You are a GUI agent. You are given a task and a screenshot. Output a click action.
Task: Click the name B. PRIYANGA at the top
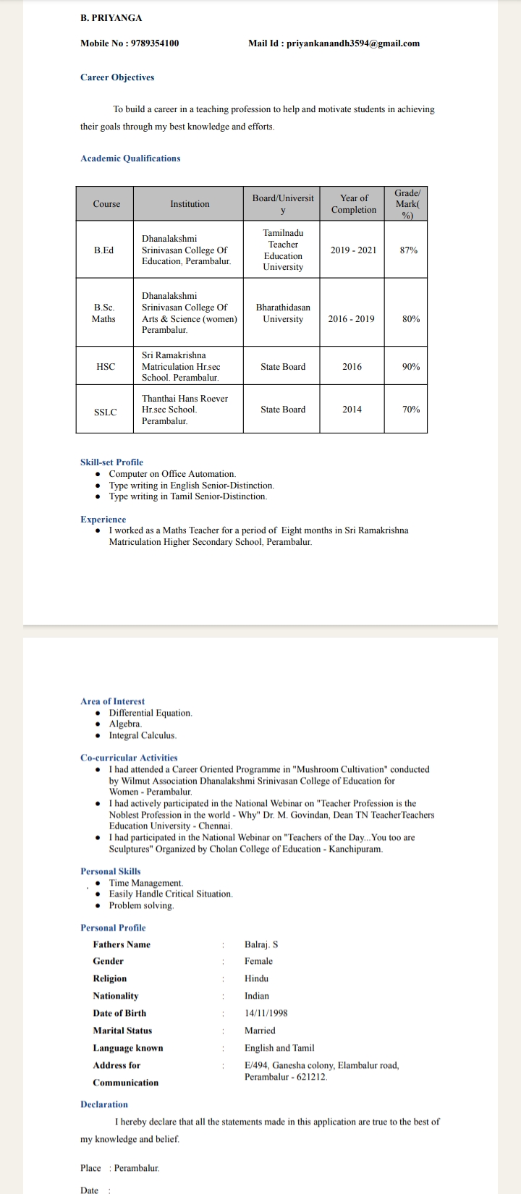[x=111, y=17]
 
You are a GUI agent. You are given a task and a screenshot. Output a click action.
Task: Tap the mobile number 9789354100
[x=153, y=43]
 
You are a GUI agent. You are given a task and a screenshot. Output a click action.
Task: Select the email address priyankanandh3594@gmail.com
[x=353, y=43]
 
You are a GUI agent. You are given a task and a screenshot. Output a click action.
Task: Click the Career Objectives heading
[x=117, y=77]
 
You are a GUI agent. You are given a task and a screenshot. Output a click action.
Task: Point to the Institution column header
[x=190, y=204]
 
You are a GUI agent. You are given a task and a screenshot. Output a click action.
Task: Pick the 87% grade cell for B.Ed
[x=409, y=250]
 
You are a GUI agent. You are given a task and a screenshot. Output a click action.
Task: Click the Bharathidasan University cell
[x=283, y=313]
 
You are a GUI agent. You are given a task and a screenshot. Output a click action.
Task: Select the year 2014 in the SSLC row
[x=352, y=410]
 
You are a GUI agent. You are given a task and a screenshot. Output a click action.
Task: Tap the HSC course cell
[x=106, y=367]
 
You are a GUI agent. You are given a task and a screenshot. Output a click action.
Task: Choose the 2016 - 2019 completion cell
[x=352, y=318]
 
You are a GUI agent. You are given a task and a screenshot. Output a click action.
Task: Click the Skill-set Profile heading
[x=111, y=462]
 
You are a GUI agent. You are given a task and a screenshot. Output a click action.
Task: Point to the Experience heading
[x=103, y=520]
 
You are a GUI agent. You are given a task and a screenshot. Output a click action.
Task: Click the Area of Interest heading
[x=112, y=701]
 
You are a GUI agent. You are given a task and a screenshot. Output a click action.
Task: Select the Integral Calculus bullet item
[x=143, y=735]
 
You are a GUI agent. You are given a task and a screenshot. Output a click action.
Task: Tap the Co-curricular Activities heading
[x=129, y=758]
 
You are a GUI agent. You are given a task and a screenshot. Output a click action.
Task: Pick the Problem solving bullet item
[x=141, y=905]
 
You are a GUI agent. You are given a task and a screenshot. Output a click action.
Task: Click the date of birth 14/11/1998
[x=266, y=1013]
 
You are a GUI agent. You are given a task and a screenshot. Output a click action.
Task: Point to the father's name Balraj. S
[x=261, y=944]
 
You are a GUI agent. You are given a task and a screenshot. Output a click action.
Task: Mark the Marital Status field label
[x=122, y=1030]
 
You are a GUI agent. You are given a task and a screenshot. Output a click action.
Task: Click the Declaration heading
[x=104, y=1104]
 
